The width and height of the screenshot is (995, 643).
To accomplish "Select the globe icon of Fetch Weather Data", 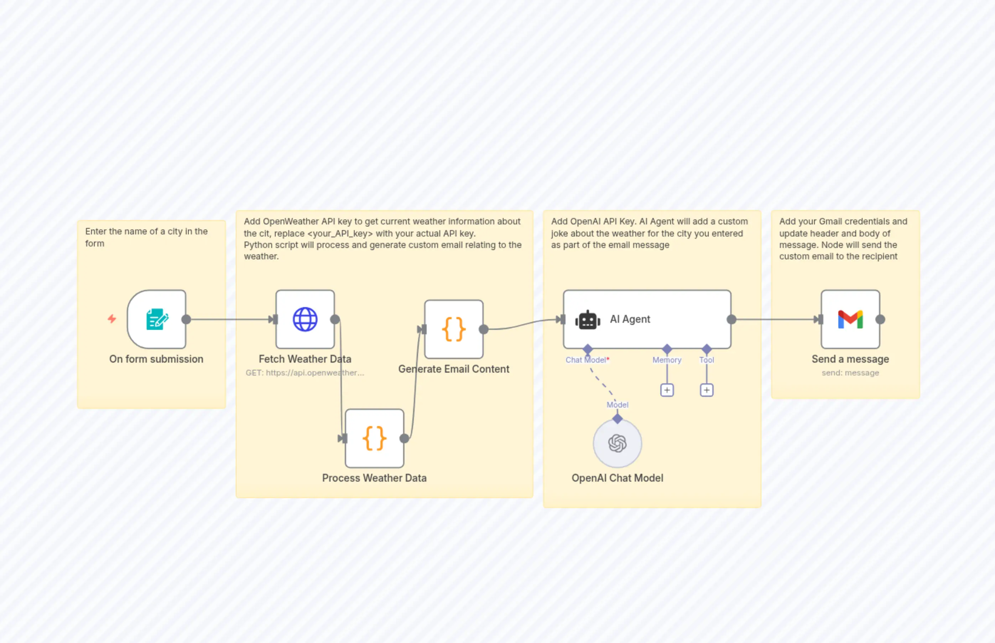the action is click(305, 320).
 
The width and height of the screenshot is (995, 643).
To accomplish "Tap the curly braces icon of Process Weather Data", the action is click(374, 439).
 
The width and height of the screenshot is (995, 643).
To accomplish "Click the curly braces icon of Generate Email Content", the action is click(454, 329).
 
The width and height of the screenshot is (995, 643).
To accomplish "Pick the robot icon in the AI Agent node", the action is click(588, 320).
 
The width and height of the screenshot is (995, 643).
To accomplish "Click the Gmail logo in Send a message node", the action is click(850, 320).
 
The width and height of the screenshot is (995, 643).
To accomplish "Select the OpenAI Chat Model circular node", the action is click(617, 444).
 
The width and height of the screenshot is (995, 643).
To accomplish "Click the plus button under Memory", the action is click(667, 390).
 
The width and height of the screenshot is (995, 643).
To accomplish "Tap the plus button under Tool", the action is click(707, 390).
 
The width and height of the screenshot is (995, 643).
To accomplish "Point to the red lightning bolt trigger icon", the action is click(112, 319).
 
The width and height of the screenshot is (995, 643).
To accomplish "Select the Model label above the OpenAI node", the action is click(617, 405).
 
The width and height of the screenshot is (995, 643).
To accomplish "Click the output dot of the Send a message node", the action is click(880, 320).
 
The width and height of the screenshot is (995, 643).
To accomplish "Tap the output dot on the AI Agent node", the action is click(731, 320).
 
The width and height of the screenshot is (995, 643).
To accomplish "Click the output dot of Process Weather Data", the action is click(404, 439).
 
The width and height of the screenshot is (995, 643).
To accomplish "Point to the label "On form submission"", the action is click(156, 359).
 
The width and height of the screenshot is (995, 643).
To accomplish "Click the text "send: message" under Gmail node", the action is click(850, 373).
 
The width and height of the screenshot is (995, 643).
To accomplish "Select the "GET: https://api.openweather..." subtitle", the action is click(305, 373).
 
